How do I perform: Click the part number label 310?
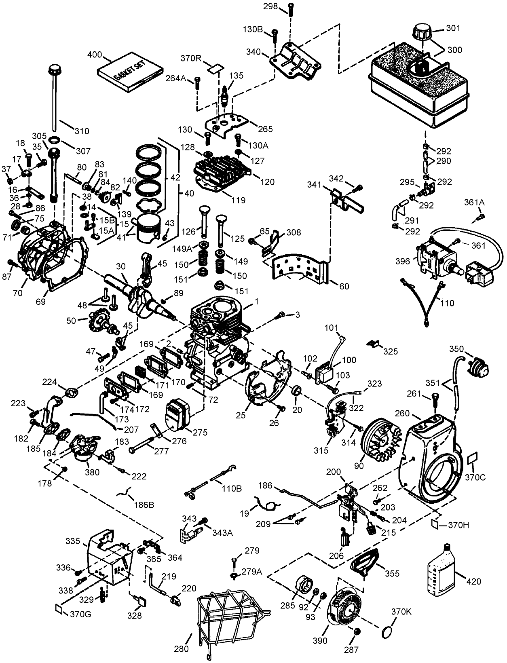[x=82, y=131]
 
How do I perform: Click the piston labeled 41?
[x=148, y=229]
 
